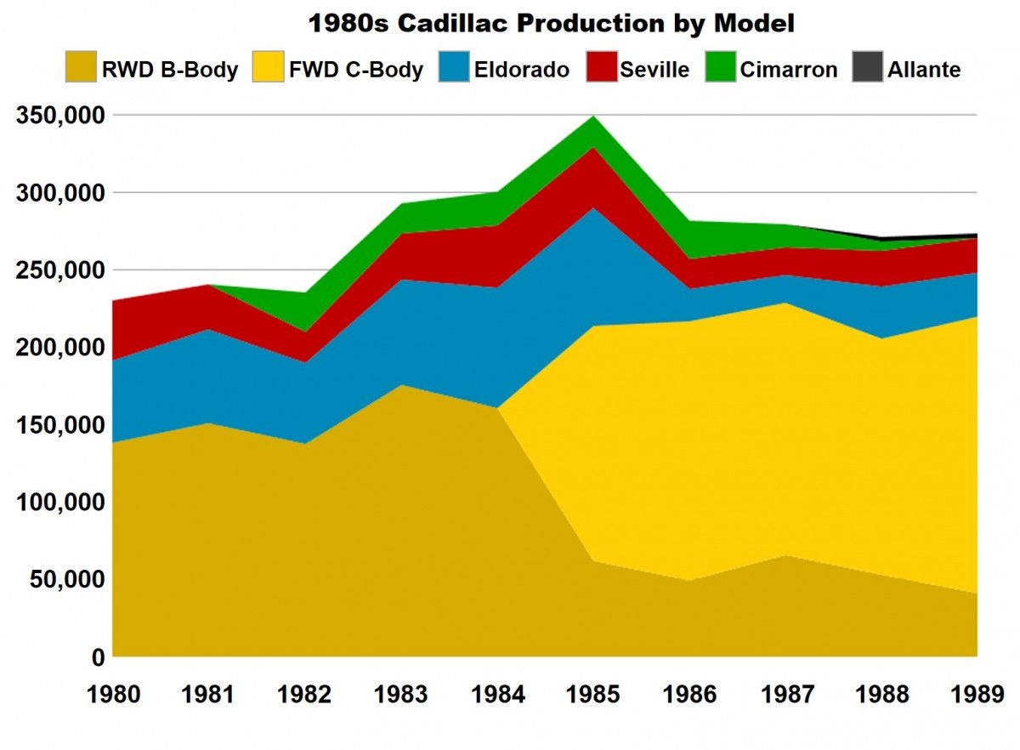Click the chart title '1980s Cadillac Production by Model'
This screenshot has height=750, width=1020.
552,23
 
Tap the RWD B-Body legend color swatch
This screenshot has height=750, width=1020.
81,66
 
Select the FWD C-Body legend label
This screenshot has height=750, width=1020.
356,70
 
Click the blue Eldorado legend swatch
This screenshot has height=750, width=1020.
454,66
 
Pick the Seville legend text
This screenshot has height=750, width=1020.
654,70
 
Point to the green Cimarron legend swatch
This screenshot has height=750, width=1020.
721,66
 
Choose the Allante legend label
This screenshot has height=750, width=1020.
924,70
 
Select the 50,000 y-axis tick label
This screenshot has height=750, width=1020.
68,580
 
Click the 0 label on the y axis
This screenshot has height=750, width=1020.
99,657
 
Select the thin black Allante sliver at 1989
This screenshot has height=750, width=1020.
974,236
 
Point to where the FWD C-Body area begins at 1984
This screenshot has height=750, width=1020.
498,407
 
